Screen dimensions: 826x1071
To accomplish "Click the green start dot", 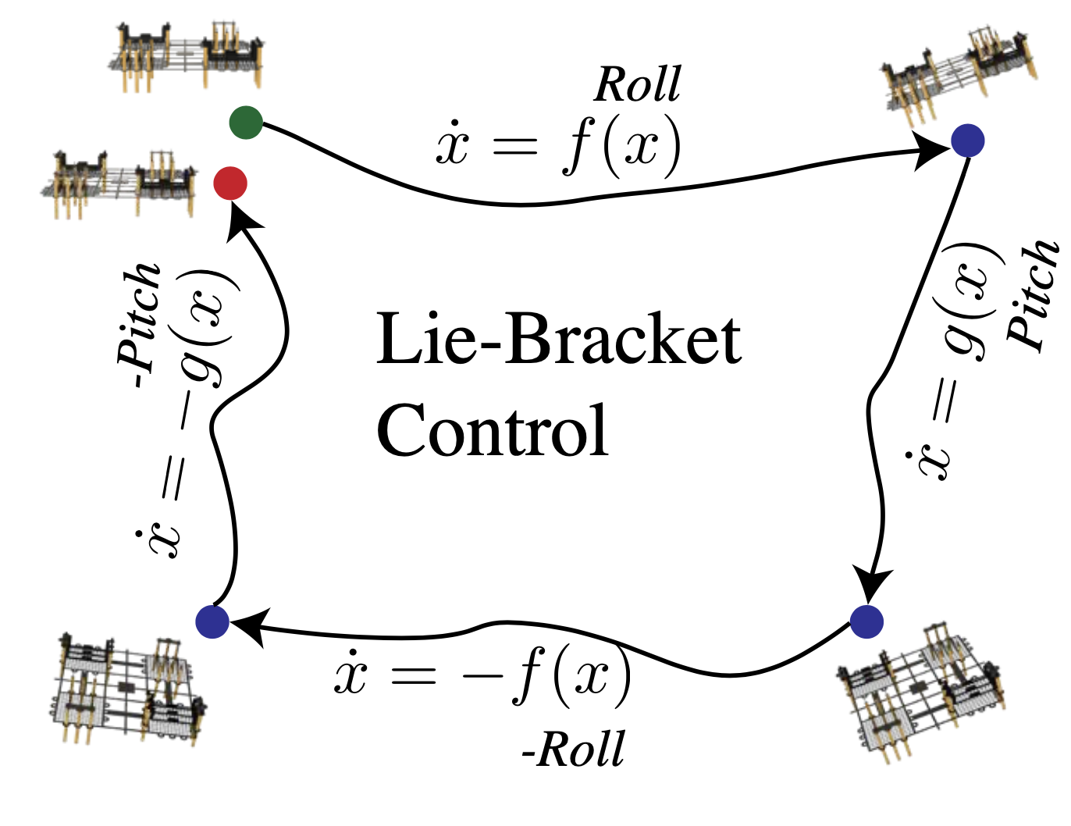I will [x=246, y=123].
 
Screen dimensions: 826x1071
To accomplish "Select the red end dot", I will [x=230, y=183].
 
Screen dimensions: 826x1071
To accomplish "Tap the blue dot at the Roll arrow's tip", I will [x=968, y=141].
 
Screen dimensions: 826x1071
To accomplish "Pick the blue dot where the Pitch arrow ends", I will [x=866, y=621].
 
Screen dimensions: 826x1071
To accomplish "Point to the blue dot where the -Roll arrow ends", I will [x=212, y=621].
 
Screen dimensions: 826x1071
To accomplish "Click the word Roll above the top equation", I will [x=637, y=84].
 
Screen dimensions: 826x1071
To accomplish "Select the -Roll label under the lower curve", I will [x=573, y=749].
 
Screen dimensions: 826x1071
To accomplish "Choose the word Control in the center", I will [x=492, y=431].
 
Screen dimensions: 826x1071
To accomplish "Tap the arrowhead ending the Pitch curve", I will [x=873, y=584].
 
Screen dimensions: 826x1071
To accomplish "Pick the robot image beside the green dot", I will [x=187, y=56].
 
